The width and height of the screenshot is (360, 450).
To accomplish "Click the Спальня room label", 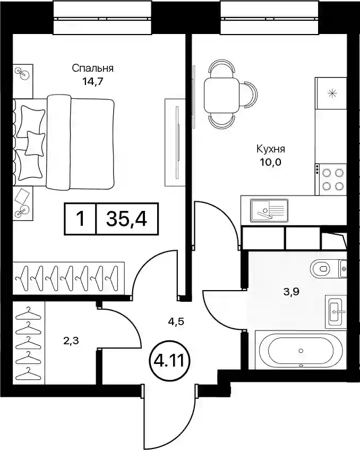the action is (x=92, y=69).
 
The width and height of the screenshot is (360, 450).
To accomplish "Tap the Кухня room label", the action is (x=270, y=149).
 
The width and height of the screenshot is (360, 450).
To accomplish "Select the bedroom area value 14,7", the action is (x=92, y=82).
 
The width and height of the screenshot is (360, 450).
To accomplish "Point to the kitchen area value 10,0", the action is (x=270, y=163).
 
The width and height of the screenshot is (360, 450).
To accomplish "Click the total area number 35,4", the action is (x=126, y=219).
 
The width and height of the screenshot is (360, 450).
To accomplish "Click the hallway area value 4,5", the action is (x=176, y=321).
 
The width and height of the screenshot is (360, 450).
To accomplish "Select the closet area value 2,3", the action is (x=71, y=341).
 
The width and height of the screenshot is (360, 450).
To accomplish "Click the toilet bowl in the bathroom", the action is (x=323, y=269).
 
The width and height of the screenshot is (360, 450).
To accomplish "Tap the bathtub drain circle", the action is (x=301, y=351).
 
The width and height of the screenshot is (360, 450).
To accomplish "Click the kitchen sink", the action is (x=269, y=210).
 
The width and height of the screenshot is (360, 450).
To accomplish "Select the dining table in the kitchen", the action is (x=221, y=96).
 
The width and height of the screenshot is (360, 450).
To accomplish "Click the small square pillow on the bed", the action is (x=35, y=143).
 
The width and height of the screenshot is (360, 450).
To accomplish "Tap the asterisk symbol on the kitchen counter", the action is (x=332, y=94).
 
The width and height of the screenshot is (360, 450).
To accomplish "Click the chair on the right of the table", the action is (x=248, y=95).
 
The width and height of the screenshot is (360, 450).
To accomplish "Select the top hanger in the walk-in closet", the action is (x=28, y=313).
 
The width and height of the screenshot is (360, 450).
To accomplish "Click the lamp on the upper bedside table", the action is (x=23, y=73).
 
